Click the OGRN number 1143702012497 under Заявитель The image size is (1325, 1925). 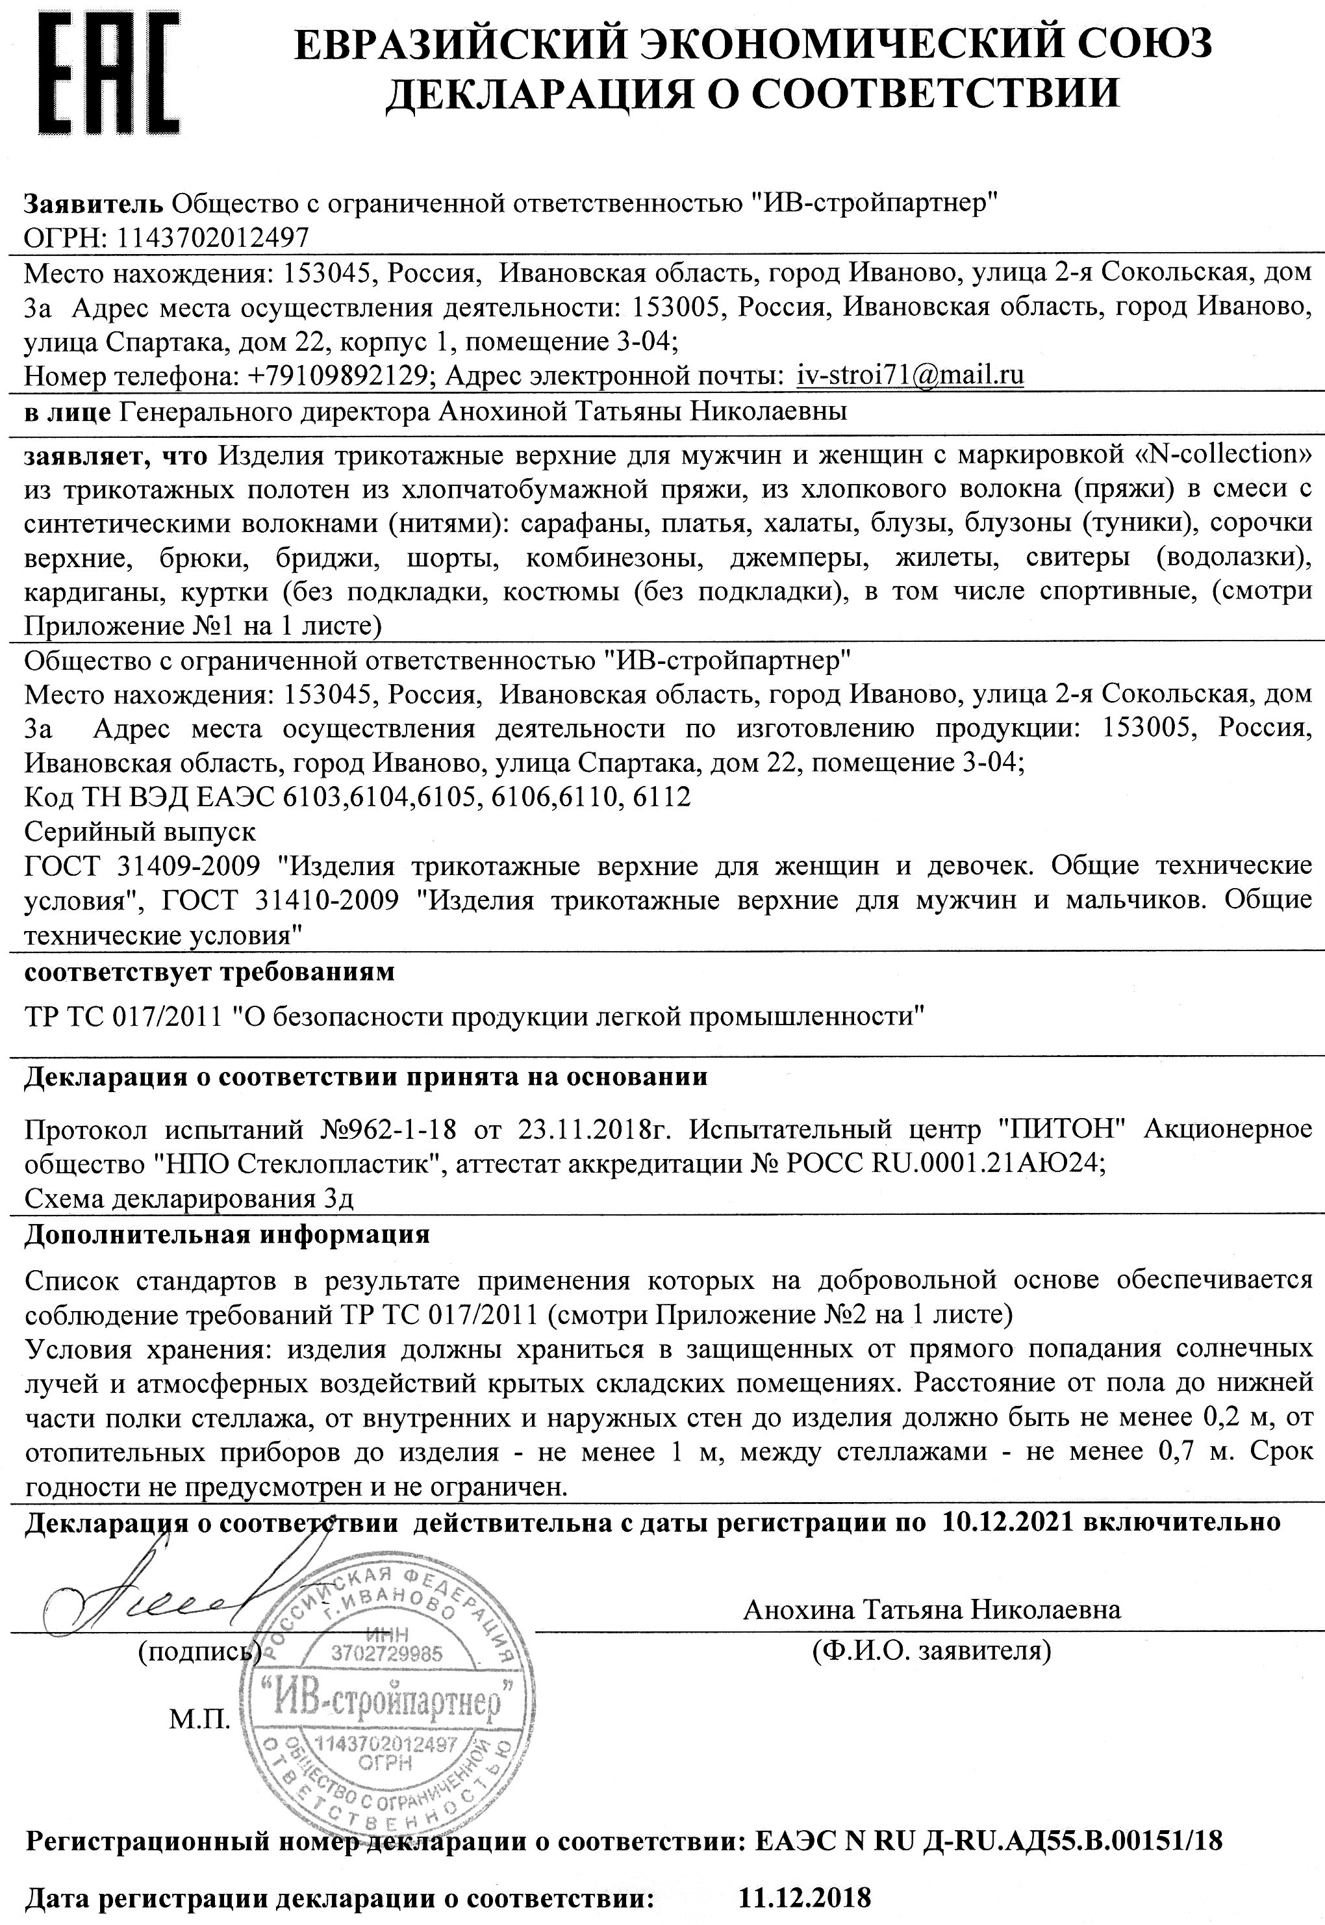pyautogui.click(x=214, y=238)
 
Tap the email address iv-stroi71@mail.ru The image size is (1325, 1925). pyautogui.click(x=910, y=376)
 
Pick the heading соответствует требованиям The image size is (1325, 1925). pyautogui.click(x=209, y=971)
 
